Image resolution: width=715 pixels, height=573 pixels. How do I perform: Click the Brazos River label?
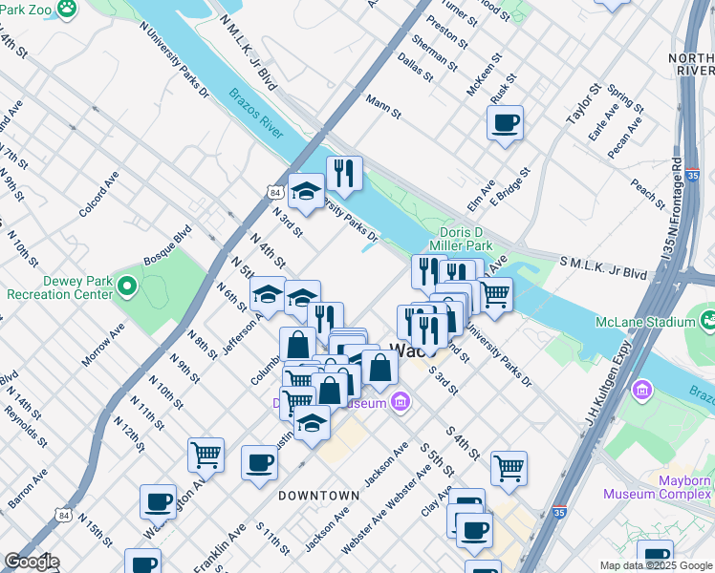tap(255, 115)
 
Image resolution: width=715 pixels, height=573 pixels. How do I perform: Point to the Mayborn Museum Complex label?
tap(658, 487)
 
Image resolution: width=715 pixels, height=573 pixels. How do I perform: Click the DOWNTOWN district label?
tap(319, 496)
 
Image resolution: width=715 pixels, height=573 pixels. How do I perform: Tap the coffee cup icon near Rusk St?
tap(505, 123)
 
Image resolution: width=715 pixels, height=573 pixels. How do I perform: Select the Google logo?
tap(32, 562)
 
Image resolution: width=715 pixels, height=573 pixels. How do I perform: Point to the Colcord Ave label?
tap(98, 194)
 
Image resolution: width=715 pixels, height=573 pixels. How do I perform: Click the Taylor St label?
tap(581, 104)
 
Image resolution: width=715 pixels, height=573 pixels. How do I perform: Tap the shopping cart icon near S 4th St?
tap(509, 468)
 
